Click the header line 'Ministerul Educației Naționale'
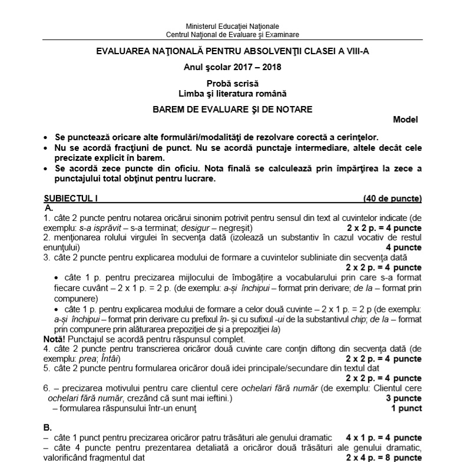pyautogui.click(x=232, y=27)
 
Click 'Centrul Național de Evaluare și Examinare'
pyautogui.click(x=232, y=34)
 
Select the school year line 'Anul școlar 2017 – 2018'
pyautogui.click(x=233, y=67)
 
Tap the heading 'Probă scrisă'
pyautogui.click(x=233, y=84)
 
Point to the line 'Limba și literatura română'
pyautogui.click(x=233, y=93)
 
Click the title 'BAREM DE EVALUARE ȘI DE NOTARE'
pyautogui.click(x=233, y=109)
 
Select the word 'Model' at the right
pyautogui.click(x=405, y=120)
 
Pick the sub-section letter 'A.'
pyautogui.click(x=49, y=208)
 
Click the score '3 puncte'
pyautogui.click(x=404, y=399)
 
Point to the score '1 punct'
pyautogui.click(x=406, y=408)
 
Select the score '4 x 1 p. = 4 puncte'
pyautogui.click(x=384, y=438)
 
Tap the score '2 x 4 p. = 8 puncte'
pyautogui.click(x=384, y=457)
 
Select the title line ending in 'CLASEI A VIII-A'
pyautogui.click(x=233, y=52)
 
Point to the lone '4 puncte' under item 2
pyautogui.click(x=404, y=247)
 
